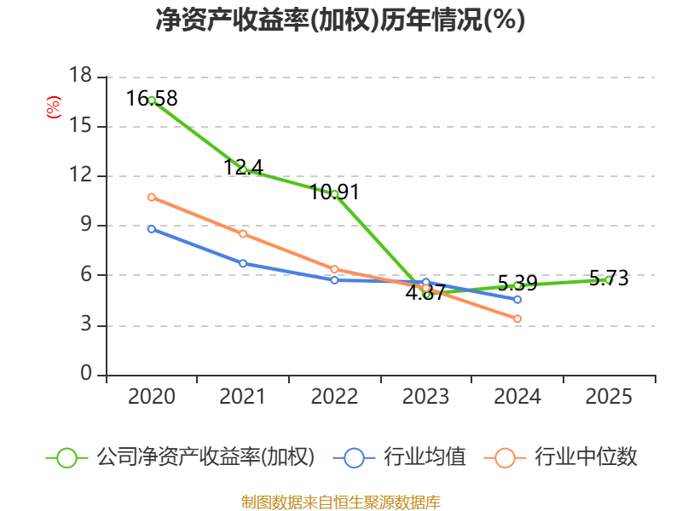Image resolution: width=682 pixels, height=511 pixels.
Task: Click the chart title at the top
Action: [x=340, y=20]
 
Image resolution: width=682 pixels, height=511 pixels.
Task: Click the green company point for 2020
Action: [x=152, y=100]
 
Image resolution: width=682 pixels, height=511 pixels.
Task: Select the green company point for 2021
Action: [x=243, y=169]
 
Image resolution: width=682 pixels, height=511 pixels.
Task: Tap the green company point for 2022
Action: [x=334, y=194]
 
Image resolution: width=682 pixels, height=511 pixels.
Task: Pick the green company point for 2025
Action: [x=609, y=279]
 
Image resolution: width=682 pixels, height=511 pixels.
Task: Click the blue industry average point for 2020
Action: [x=152, y=228]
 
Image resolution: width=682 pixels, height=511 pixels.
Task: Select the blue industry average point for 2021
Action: [x=243, y=263]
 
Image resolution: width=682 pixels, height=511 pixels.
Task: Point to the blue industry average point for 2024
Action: [x=517, y=300]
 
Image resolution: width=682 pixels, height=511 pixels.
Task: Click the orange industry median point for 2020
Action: [x=152, y=197]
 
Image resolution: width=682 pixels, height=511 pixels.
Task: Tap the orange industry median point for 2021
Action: [x=243, y=233]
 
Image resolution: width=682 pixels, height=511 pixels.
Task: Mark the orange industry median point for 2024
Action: [x=517, y=319]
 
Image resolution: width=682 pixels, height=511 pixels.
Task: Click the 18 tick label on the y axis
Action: [x=80, y=77]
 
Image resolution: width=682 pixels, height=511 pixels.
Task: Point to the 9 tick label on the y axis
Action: [x=86, y=226]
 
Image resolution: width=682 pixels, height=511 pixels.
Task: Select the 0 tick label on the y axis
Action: [x=86, y=375]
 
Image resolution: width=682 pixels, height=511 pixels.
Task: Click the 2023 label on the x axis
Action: [x=425, y=397]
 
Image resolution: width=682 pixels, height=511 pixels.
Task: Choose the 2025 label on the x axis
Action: [x=609, y=397]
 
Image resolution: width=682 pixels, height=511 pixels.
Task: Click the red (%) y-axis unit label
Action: [x=54, y=107]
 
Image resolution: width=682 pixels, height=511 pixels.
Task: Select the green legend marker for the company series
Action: [x=67, y=457]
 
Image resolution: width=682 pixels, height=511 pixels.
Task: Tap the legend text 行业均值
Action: [x=425, y=457]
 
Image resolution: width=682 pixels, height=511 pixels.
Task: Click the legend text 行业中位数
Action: [x=586, y=457]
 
